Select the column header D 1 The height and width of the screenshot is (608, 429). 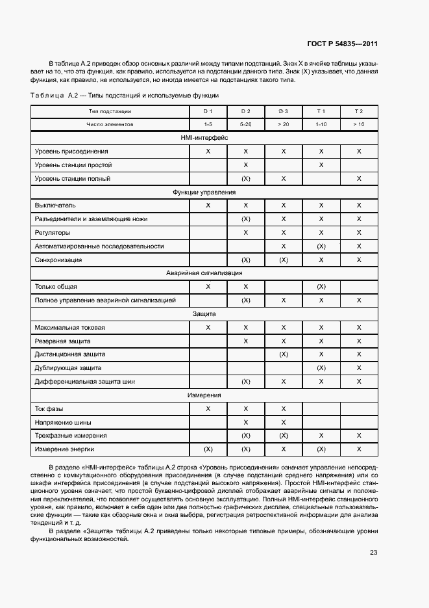point(208,112)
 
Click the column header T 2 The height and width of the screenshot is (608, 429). point(358,112)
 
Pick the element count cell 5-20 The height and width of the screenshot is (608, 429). point(245,124)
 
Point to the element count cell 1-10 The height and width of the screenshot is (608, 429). point(321,124)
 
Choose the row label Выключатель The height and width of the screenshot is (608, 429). point(56,205)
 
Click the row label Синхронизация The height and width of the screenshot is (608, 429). point(58,260)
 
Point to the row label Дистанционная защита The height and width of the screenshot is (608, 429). point(69,354)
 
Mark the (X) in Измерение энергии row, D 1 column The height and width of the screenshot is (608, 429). point(208,449)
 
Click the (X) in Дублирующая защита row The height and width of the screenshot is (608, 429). point(321,368)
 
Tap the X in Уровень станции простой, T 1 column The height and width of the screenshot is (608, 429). point(321,165)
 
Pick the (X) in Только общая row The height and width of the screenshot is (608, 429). point(321,287)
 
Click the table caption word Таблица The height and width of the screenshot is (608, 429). point(47,96)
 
